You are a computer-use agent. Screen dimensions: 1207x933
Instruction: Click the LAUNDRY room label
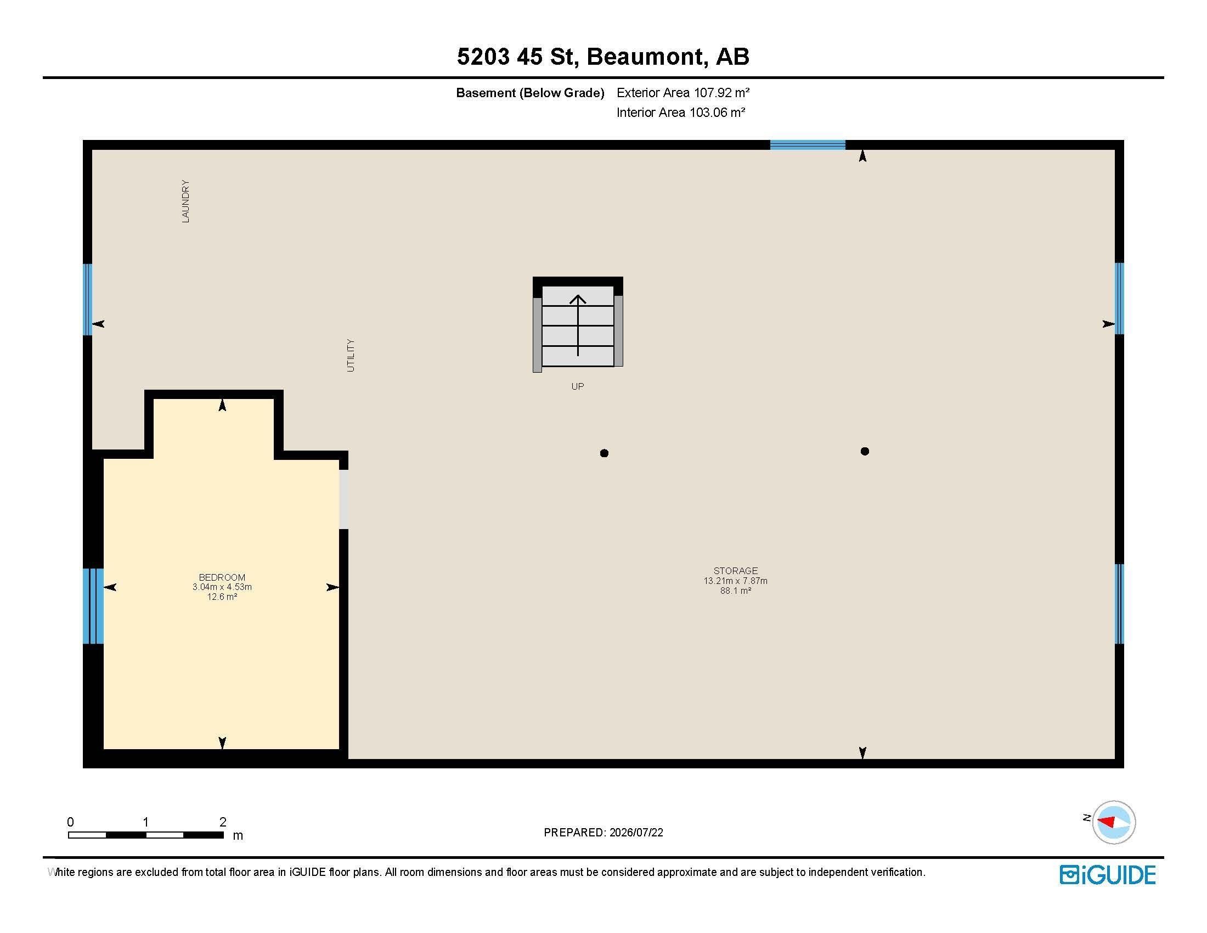tap(185, 201)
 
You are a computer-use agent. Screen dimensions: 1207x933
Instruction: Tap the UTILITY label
tap(351, 356)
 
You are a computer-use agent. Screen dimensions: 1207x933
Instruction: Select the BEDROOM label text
tap(222, 577)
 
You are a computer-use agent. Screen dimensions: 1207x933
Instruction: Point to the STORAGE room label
tap(736, 571)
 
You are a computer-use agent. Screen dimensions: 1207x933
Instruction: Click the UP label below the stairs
tap(578, 386)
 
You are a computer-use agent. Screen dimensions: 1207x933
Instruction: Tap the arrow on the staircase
tap(578, 325)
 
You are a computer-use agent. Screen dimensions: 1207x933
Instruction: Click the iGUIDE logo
tap(1108, 875)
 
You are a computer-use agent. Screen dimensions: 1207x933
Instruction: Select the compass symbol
tap(1114, 822)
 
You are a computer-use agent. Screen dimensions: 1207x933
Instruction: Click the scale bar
tap(146, 835)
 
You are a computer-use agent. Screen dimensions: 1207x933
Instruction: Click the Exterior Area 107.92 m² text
tap(683, 93)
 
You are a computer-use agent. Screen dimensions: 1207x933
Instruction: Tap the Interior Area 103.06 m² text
tap(681, 113)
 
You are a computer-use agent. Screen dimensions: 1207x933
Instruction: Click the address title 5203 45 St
tap(518, 57)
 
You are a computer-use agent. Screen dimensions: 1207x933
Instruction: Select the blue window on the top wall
tap(808, 145)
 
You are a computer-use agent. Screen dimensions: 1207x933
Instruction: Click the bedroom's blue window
tap(93, 606)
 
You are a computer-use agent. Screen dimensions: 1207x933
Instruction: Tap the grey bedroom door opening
tap(344, 499)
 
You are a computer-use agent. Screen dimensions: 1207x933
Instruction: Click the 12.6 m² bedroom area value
tap(222, 597)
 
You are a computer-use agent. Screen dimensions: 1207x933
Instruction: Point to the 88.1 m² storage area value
tap(736, 591)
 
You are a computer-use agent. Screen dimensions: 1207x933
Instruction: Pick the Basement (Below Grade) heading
tap(530, 93)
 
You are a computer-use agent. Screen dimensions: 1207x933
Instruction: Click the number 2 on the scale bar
tap(223, 822)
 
